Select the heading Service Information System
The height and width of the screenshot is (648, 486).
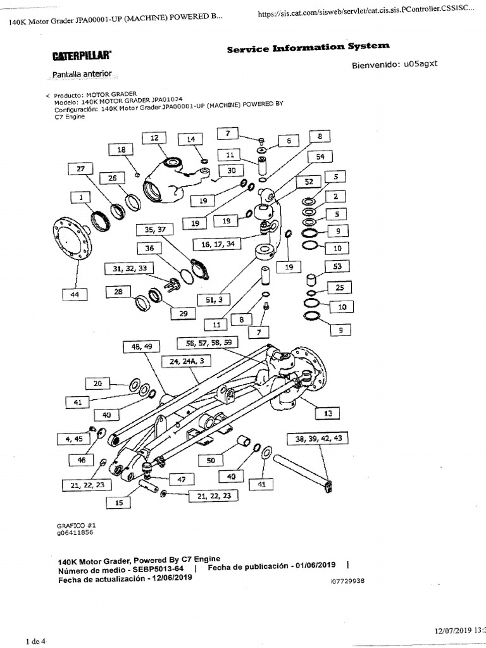point(308,47)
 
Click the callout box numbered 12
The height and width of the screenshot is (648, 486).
point(154,138)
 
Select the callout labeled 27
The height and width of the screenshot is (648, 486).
point(80,168)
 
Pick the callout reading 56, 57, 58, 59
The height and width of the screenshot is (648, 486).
point(209,342)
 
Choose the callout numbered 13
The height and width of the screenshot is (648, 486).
point(327,413)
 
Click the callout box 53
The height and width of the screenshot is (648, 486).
point(336,266)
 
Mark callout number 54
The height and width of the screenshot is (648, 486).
point(320,156)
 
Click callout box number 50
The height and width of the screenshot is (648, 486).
point(211,460)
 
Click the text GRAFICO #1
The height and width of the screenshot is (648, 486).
point(76,525)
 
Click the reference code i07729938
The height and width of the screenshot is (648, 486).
point(347,581)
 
